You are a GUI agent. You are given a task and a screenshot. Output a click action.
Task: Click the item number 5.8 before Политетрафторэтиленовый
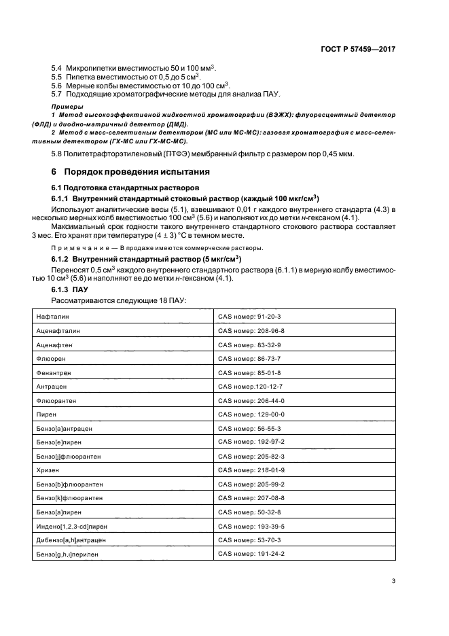point(57,155)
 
